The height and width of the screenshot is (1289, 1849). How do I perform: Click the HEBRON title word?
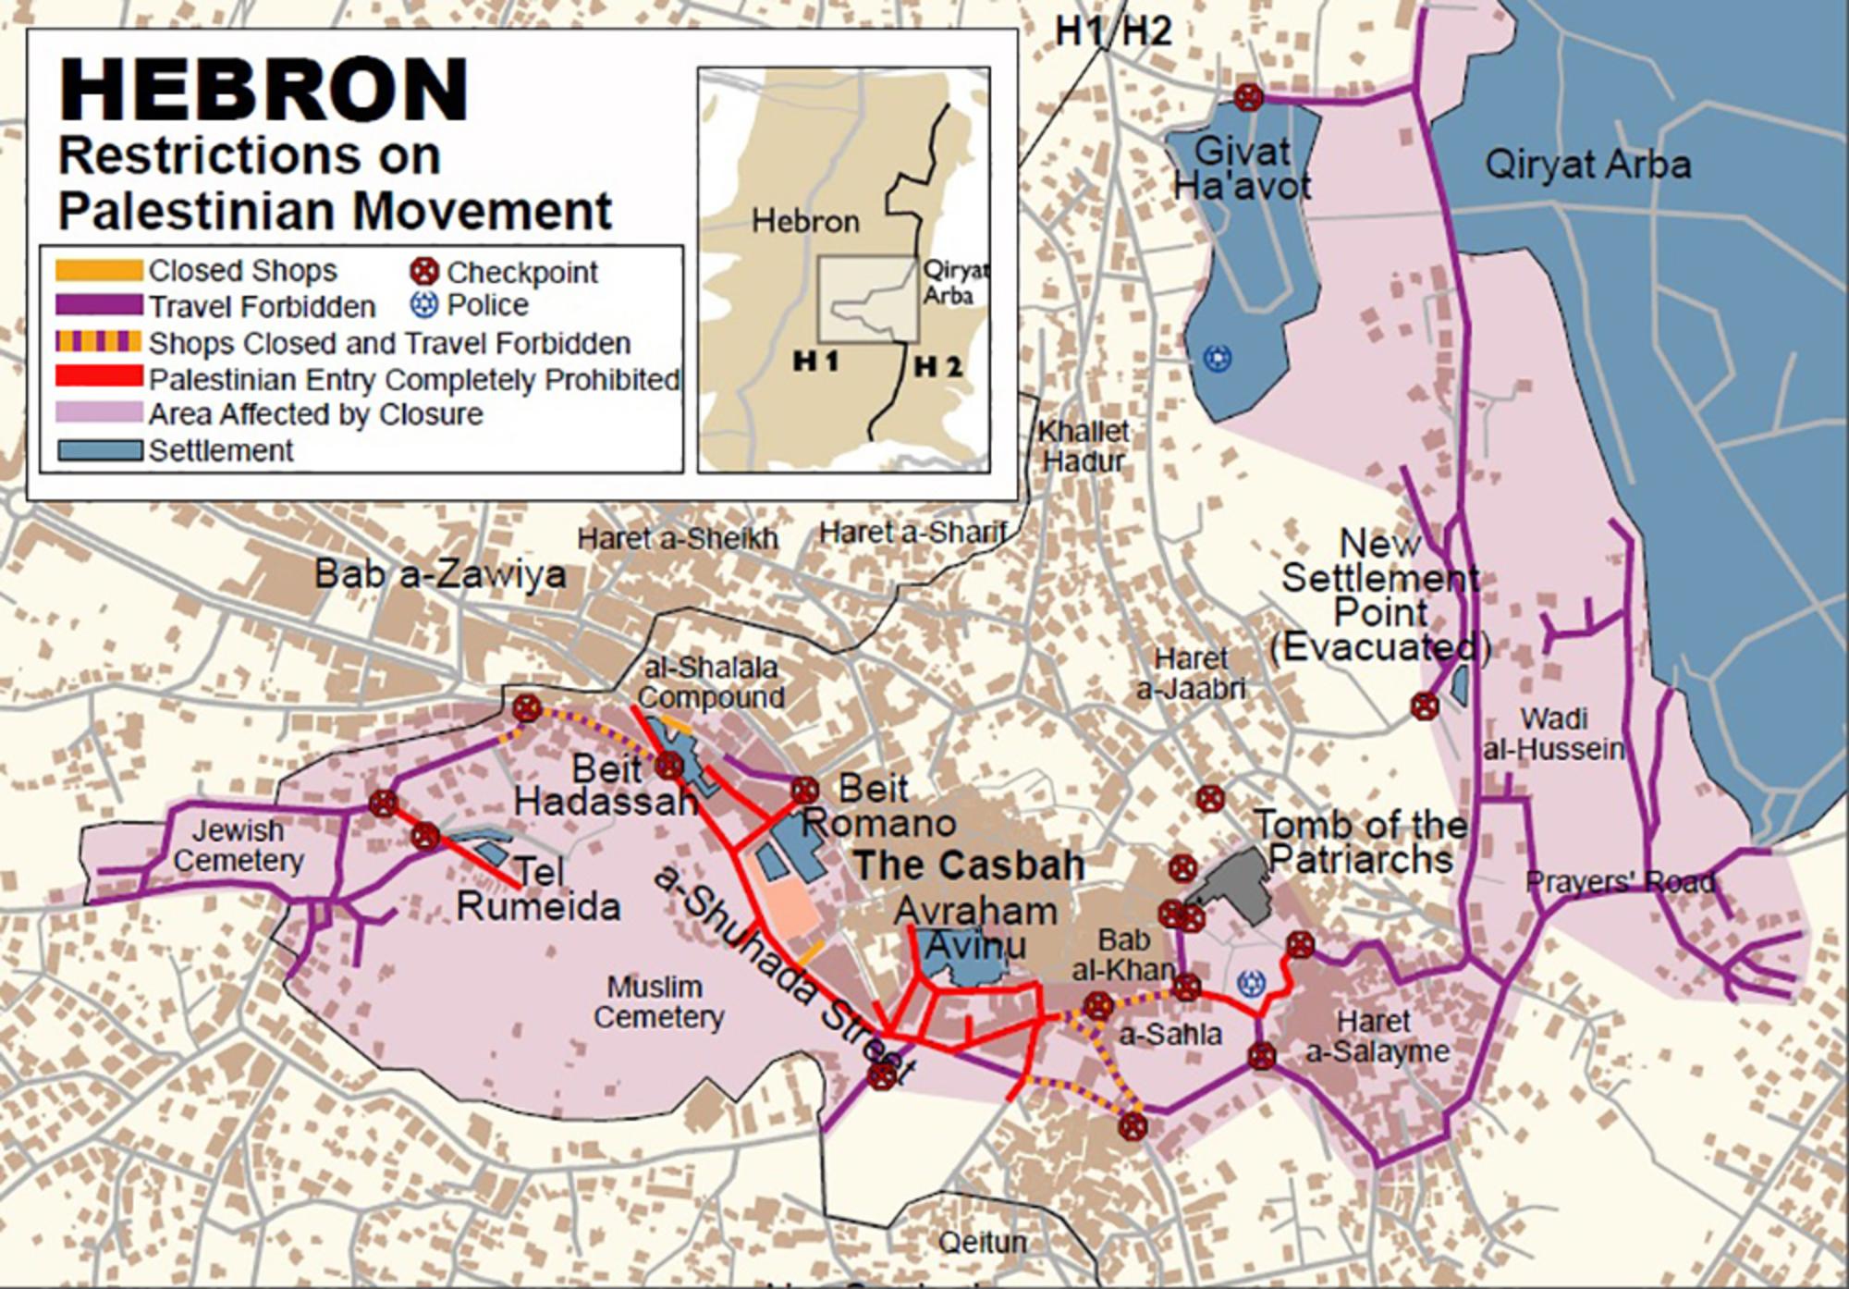coord(263,90)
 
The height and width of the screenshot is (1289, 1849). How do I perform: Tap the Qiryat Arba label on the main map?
coord(1587,165)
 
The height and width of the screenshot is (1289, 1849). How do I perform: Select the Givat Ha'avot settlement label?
coord(1242,168)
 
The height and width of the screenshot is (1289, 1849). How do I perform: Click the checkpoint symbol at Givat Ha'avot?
coord(1248,97)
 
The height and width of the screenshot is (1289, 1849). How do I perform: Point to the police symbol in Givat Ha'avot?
coord(1218,358)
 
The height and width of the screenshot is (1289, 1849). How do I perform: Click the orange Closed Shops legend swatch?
coord(99,270)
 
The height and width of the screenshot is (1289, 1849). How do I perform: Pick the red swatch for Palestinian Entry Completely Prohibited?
coord(99,378)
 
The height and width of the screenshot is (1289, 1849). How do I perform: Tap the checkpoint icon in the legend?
coord(423,272)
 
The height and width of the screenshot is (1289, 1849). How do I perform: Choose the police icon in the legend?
coord(423,305)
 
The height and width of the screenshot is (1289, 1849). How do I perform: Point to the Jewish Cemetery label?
coord(238,845)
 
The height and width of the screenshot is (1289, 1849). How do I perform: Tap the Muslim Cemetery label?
coord(657,1001)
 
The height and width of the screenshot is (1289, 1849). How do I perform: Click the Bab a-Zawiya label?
coord(440,574)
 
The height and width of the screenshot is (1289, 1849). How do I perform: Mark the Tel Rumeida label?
coord(537,889)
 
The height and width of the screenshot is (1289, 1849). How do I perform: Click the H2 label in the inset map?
coord(938,366)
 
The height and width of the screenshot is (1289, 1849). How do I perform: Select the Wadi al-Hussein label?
coord(1553,733)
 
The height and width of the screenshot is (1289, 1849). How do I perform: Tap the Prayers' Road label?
coord(1620,882)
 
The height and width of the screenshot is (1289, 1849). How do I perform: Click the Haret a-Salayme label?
coord(1377,1037)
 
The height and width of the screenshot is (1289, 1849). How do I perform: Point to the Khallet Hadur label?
coord(1083,446)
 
